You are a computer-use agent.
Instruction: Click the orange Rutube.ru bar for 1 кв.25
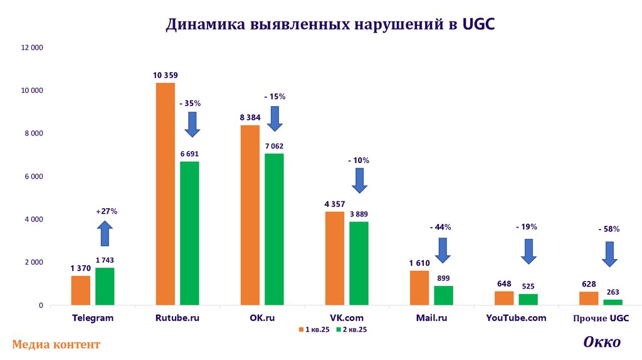(x=166, y=194)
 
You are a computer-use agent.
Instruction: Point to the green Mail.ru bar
(x=443, y=295)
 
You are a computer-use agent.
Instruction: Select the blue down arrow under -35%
(x=192, y=124)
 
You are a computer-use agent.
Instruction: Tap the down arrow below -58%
(x=609, y=253)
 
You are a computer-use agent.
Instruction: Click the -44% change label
(x=440, y=226)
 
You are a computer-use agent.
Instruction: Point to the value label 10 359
(x=165, y=75)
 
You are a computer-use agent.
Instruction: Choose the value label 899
(x=444, y=278)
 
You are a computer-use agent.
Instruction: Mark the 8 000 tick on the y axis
(x=32, y=134)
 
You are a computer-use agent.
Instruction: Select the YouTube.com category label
(x=516, y=318)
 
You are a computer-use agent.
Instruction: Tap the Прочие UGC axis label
(x=601, y=319)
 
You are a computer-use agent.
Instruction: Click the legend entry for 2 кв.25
(x=351, y=329)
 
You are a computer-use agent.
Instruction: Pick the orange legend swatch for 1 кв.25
(x=301, y=329)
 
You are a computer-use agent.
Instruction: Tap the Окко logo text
(x=602, y=342)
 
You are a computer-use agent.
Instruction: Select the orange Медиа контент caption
(x=56, y=344)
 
